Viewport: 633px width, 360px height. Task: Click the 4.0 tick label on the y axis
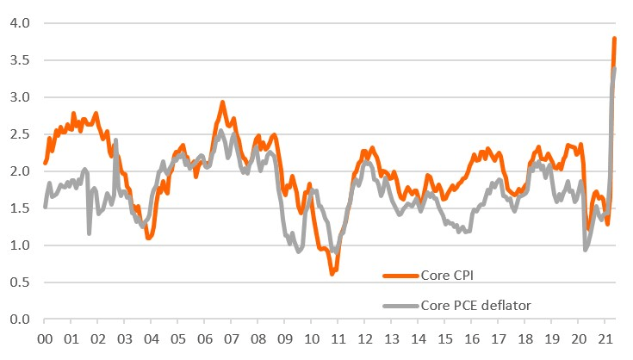point(20,23)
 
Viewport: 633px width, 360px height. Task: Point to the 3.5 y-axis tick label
point(20,60)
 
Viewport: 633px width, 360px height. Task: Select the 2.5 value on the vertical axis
point(20,134)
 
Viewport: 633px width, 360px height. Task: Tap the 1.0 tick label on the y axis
point(20,245)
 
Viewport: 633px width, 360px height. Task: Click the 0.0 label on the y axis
point(20,320)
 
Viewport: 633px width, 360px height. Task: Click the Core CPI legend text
point(448,275)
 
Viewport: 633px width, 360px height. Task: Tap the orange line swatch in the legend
point(399,276)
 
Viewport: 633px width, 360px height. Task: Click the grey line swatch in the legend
point(399,305)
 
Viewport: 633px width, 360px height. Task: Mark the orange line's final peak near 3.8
point(614,39)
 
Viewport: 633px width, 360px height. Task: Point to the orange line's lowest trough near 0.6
point(332,273)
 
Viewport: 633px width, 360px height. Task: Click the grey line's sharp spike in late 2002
point(115,140)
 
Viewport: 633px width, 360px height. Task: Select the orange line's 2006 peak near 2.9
point(222,102)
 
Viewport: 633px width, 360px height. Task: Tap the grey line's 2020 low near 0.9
point(586,249)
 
